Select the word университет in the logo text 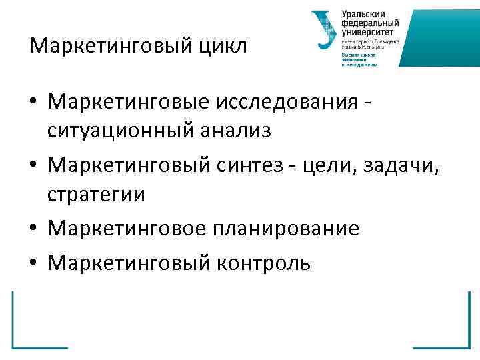coord(367,31)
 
